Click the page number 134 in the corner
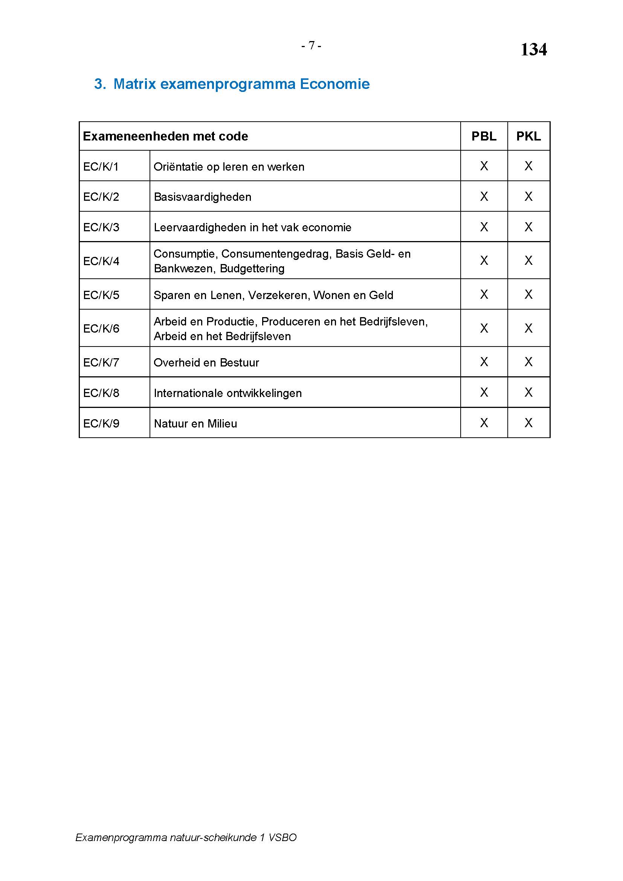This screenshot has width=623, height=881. tap(533, 49)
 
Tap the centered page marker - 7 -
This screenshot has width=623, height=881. tap(311, 46)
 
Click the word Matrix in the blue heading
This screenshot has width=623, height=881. tap(134, 84)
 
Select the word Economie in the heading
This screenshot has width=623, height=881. tap(334, 84)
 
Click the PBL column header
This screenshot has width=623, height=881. tap(483, 136)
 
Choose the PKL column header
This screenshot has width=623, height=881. tap(528, 136)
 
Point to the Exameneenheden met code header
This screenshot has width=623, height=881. tap(165, 136)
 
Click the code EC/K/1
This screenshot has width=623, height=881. tap(101, 166)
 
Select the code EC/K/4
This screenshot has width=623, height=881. tap(101, 261)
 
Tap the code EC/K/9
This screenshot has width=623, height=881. tap(101, 423)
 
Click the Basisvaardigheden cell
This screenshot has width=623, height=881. tap(203, 197)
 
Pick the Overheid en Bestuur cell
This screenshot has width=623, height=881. tap(206, 362)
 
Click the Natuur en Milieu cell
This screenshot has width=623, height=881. tap(195, 423)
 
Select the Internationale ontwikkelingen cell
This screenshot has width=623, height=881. tap(228, 393)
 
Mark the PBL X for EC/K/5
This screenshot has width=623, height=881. tap(484, 294)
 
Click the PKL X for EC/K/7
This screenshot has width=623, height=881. tap(528, 362)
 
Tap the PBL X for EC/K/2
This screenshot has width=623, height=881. tap(484, 197)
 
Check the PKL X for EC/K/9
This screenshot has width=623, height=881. tap(528, 423)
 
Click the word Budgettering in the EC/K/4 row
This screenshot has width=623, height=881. tap(252, 269)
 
